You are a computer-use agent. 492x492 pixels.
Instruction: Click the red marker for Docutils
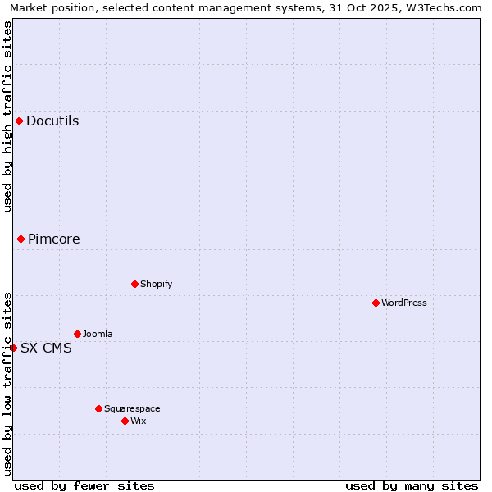pos(19,121)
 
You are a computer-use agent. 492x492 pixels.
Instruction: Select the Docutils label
pos(52,121)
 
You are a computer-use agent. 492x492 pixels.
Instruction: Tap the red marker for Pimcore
pos(20,239)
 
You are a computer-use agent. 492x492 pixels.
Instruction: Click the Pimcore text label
pos(54,239)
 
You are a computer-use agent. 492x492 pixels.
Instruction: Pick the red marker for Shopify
pos(134,285)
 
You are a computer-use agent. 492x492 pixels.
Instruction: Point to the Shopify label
pos(157,285)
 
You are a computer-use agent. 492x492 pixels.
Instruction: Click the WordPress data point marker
pos(376,303)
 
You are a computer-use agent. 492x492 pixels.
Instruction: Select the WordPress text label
pos(404,303)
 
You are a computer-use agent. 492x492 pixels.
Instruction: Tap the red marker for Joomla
pos(77,335)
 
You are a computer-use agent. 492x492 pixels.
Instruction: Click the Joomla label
pos(98,335)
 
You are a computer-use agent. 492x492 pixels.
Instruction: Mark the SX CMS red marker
pos(13,348)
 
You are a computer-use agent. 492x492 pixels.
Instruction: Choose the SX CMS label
pos(46,348)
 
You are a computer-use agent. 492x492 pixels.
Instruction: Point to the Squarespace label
pos(132,409)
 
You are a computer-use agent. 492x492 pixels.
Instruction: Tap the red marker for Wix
pos(125,421)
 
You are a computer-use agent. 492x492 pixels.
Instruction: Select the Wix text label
pos(139,421)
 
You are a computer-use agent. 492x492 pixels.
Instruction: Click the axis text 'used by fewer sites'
pos(84,486)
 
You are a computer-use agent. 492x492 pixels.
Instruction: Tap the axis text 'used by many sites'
pos(412,486)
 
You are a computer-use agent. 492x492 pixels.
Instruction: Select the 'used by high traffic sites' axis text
pos(7,116)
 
